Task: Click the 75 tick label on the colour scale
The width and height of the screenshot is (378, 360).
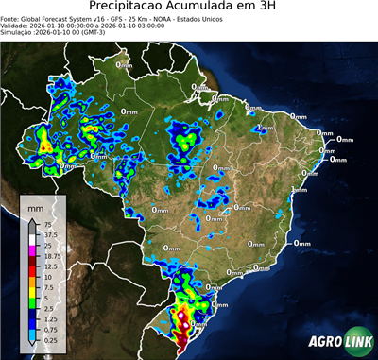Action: click(50, 225)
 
